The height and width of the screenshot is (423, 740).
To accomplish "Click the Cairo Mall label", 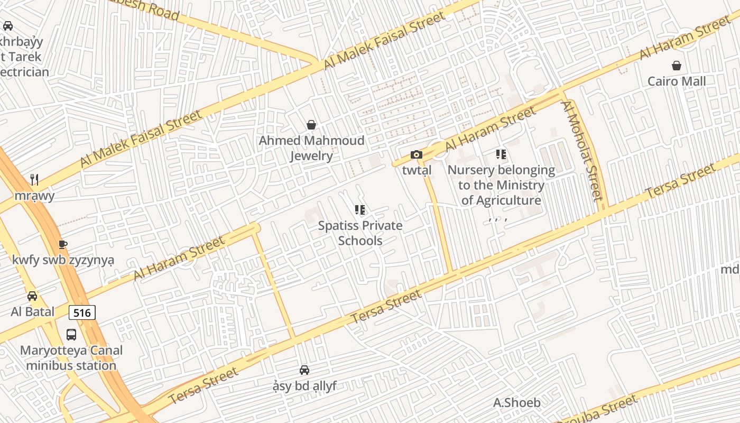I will [x=677, y=81].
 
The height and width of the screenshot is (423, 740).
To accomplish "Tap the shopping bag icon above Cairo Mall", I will [x=677, y=66].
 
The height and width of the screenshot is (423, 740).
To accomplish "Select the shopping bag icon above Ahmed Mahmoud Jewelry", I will [x=311, y=125].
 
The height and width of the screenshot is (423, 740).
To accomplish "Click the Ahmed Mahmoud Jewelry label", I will [x=311, y=148].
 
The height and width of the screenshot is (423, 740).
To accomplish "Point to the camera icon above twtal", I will [x=417, y=154].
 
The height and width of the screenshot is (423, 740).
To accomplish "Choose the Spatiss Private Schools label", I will [x=360, y=233].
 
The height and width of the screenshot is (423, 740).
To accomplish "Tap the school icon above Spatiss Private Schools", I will [x=360, y=210].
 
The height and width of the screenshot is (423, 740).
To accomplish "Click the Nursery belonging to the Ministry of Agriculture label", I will [x=501, y=185].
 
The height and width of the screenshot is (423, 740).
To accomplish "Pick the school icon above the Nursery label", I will [x=501, y=154].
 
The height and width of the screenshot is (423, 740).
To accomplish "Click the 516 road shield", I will [x=82, y=312].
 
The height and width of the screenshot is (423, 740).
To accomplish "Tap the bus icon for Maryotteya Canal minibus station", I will [x=71, y=334].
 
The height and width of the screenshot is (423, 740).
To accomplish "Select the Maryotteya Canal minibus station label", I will [x=71, y=358].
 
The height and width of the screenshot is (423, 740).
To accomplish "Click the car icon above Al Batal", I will [x=32, y=296].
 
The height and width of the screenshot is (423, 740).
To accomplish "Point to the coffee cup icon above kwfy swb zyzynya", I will [x=63, y=244].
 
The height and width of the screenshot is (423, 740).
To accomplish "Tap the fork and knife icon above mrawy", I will [x=34, y=180].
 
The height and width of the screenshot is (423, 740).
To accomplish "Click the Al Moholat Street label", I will [x=582, y=152].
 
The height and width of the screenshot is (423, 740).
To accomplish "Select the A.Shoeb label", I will [x=517, y=403].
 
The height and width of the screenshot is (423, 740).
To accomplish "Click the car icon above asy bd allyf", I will [x=304, y=370].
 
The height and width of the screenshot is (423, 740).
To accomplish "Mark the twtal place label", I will [x=417, y=170].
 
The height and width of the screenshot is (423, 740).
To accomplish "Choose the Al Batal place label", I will [x=32, y=311].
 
